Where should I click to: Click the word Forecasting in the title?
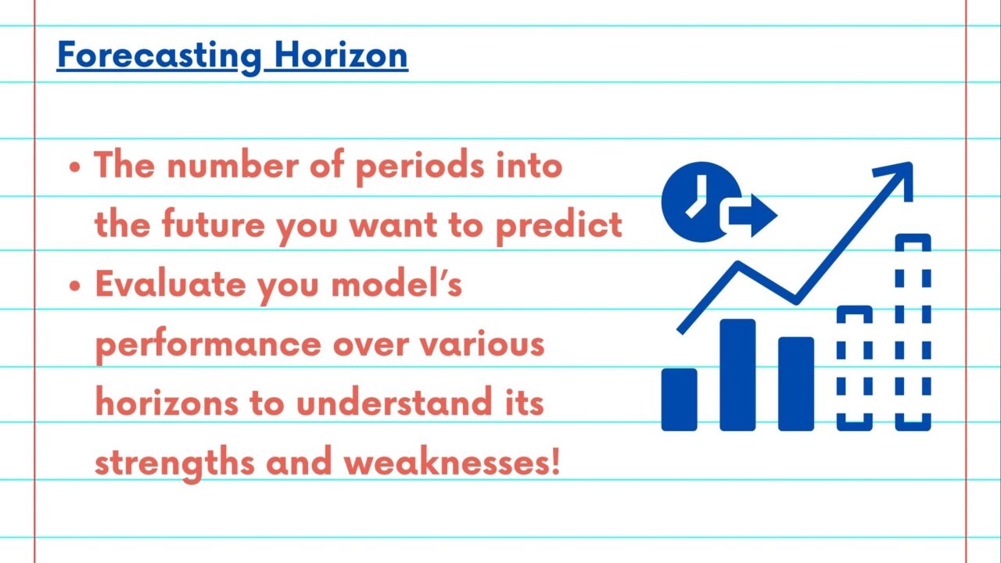(160, 56)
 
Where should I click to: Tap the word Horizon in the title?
(340, 56)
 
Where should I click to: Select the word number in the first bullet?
(232, 165)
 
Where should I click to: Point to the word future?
(213, 224)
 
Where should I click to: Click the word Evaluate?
(170, 284)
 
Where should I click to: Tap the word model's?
(396, 283)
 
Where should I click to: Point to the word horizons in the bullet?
(167, 402)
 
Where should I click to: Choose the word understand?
(393, 402)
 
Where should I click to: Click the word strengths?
(174, 462)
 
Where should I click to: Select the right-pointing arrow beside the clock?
(753, 216)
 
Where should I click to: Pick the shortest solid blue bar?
(680, 400)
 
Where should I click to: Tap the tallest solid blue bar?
(737, 375)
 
